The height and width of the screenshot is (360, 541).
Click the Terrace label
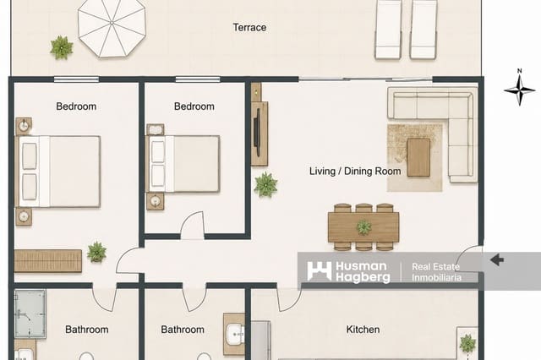(x=249, y=28)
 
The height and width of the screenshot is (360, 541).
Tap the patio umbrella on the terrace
(x=112, y=27)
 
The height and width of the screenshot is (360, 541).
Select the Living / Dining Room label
(x=355, y=171)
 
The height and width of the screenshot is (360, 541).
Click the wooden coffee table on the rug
(x=418, y=157)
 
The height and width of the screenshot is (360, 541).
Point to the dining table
(x=363, y=227)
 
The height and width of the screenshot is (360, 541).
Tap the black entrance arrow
(x=497, y=259)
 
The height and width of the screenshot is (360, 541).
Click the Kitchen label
(x=363, y=330)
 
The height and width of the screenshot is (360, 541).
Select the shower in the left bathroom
(x=30, y=314)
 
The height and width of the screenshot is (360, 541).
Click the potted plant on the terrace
(x=62, y=47)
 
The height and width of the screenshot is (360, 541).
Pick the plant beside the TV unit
(x=265, y=184)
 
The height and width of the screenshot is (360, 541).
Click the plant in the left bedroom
(x=96, y=252)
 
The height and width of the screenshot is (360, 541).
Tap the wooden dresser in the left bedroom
(x=48, y=260)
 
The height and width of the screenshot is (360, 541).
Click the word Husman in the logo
(x=361, y=266)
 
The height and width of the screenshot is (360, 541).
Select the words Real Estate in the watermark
(x=436, y=266)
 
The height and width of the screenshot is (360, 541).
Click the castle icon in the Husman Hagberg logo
(x=320, y=270)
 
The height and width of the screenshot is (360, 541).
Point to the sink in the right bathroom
(x=236, y=334)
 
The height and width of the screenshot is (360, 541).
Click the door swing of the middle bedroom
(x=193, y=225)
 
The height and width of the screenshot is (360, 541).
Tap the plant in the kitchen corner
(x=467, y=343)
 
